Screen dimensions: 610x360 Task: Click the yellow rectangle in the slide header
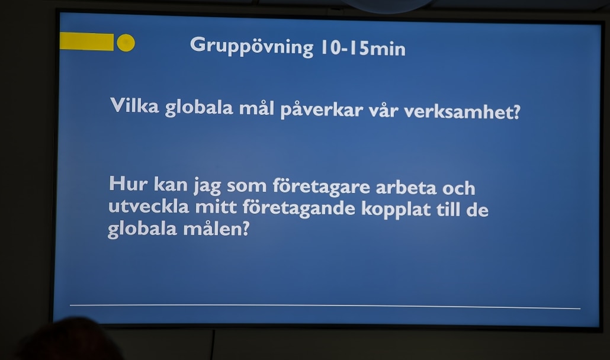(86, 41)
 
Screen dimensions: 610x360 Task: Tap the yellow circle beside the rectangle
(126, 43)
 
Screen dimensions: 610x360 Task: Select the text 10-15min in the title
(363, 48)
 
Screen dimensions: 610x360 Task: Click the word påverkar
(322, 110)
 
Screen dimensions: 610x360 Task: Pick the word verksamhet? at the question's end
(462, 112)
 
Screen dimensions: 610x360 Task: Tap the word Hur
(129, 184)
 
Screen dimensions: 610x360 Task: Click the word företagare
(322, 187)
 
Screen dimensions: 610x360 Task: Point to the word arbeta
(406, 187)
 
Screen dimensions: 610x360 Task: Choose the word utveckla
(149, 205)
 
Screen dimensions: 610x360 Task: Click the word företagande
(298, 208)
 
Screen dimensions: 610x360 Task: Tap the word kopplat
(396, 209)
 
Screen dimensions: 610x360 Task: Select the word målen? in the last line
(216, 229)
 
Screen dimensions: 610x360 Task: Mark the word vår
(383, 111)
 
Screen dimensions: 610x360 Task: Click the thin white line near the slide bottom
(325, 307)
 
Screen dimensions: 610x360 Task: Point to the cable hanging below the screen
(213, 345)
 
